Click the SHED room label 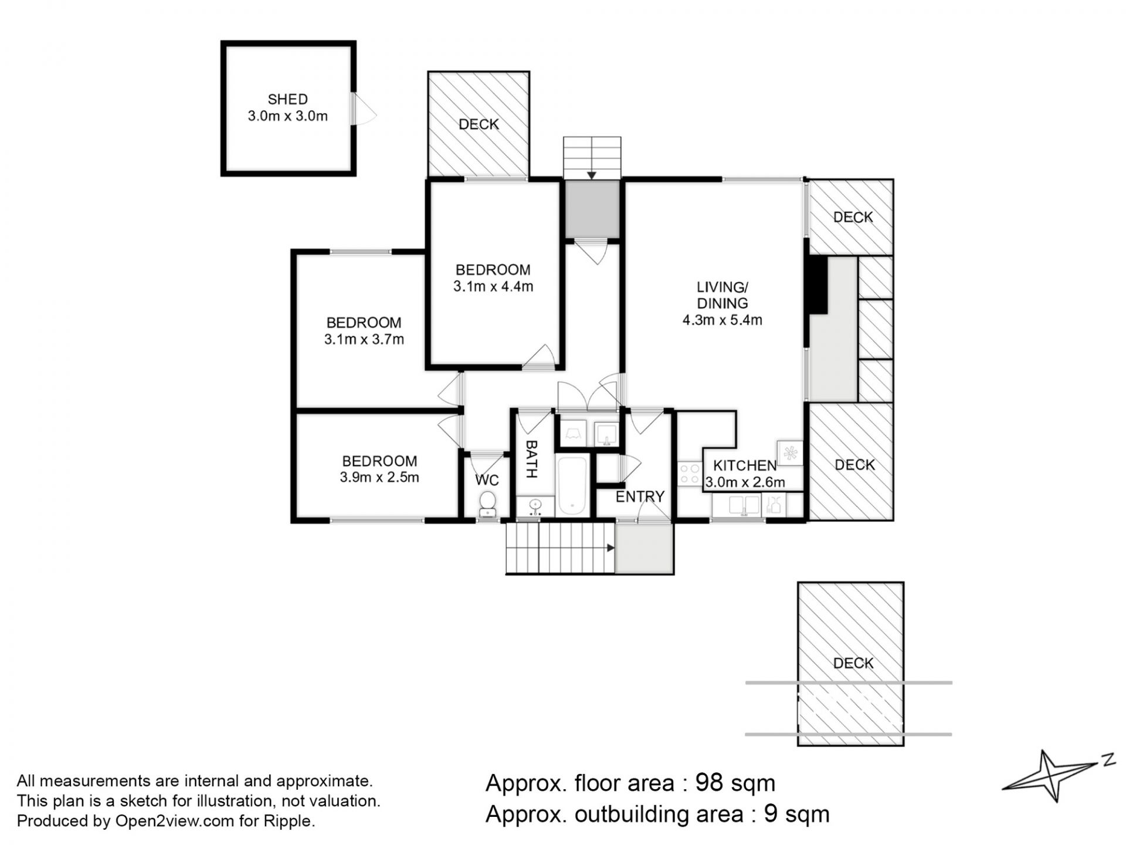(287, 99)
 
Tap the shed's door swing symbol (364, 109)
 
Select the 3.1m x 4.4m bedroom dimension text (493, 287)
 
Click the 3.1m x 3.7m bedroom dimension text (364, 339)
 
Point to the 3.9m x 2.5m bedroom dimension (379, 478)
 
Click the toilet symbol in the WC (487, 504)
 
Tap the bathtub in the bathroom (572, 486)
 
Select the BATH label (531, 459)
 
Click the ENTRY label (640, 497)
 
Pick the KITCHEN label (745, 466)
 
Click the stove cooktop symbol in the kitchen (690, 474)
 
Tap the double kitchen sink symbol (744, 505)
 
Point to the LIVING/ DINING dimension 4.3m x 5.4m (723, 320)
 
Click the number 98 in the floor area (710, 783)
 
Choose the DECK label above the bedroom (479, 124)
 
